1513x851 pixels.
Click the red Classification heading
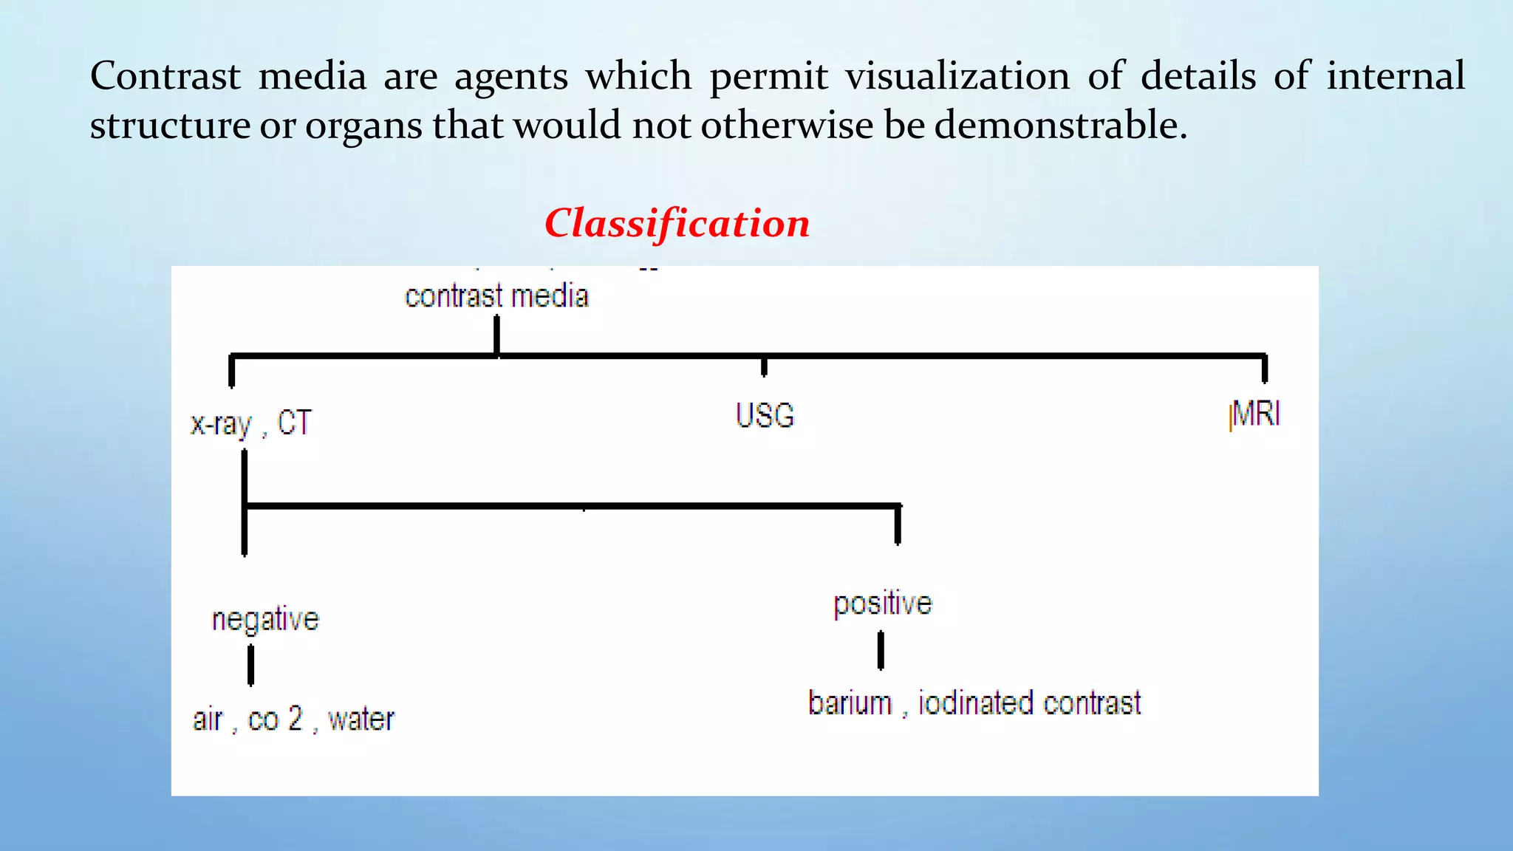pyautogui.click(x=677, y=223)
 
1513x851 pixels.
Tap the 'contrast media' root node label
pyautogui.click(x=496, y=296)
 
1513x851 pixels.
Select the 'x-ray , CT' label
pyautogui.click(x=251, y=423)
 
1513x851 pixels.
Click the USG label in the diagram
pyautogui.click(x=765, y=415)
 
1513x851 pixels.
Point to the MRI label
pyautogui.click(x=1256, y=414)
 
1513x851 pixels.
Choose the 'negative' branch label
pyautogui.click(x=265, y=619)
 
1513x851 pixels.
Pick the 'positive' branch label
pyautogui.click(x=883, y=604)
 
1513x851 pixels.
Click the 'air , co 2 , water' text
pyautogui.click(x=293, y=719)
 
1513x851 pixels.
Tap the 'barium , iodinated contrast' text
pyautogui.click(x=974, y=703)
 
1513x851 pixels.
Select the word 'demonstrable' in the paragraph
pyautogui.click(x=1061, y=125)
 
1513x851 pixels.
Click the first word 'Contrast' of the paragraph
pyautogui.click(x=165, y=76)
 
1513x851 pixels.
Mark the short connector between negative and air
pyautogui.click(x=251, y=665)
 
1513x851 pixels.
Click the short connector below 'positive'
pyautogui.click(x=881, y=650)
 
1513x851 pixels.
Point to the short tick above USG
pyautogui.click(x=764, y=366)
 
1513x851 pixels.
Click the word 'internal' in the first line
pyautogui.click(x=1395, y=76)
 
